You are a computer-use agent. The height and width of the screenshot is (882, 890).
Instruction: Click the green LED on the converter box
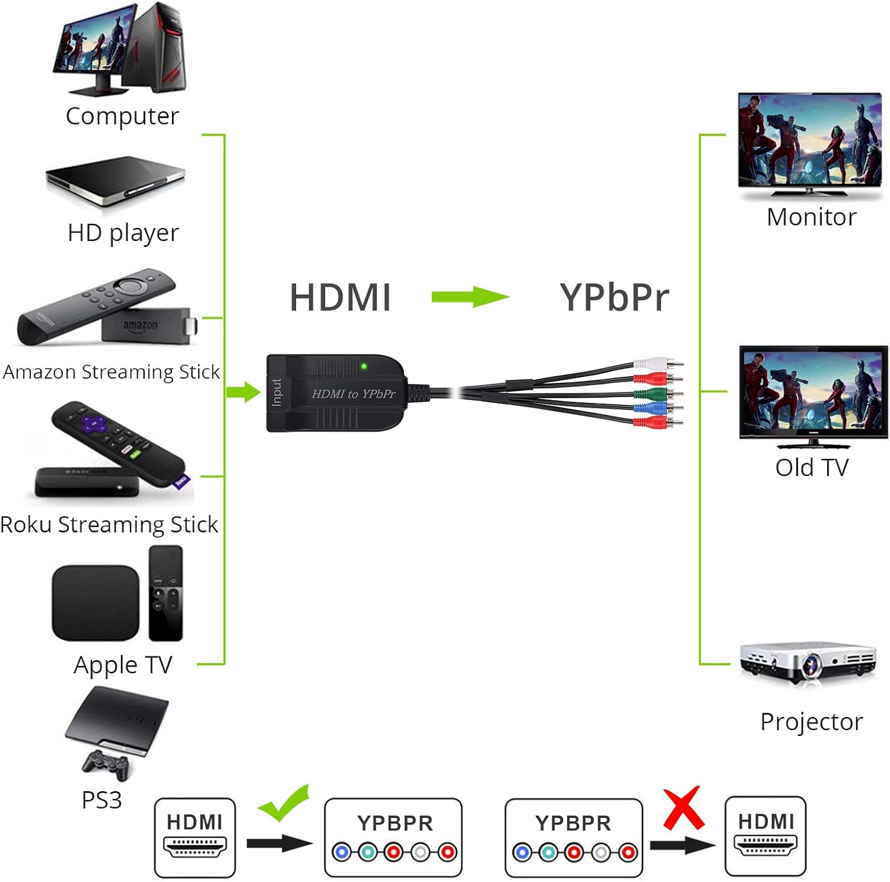tap(364, 366)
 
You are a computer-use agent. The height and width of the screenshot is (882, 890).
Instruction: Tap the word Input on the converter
tap(276, 392)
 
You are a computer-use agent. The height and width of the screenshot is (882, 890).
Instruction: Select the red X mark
tap(684, 808)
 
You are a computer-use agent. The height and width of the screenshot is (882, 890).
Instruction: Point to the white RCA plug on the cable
tap(653, 363)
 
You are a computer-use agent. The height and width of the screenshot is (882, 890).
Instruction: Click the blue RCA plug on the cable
tap(653, 408)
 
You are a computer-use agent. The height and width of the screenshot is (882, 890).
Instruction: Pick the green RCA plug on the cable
tap(653, 393)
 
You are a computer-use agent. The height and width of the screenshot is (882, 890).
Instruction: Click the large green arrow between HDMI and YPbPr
tap(470, 297)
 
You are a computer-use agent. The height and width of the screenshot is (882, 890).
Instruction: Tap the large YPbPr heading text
tap(614, 297)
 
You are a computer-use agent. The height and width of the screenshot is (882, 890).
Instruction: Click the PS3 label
tap(101, 800)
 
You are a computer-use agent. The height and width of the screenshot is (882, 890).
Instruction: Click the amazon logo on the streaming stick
tap(141, 326)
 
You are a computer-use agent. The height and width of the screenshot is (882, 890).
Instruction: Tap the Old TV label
tap(812, 468)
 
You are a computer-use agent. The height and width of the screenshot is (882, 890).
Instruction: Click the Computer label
tap(122, 116)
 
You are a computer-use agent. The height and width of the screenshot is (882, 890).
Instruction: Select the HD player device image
tap(116, 180)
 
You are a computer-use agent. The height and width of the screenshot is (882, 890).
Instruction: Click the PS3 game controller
tap(106, 764)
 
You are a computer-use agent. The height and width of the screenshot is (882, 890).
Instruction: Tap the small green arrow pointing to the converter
tap(244, 392)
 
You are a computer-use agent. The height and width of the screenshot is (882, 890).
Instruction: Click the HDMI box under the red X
tap(765, 836)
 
